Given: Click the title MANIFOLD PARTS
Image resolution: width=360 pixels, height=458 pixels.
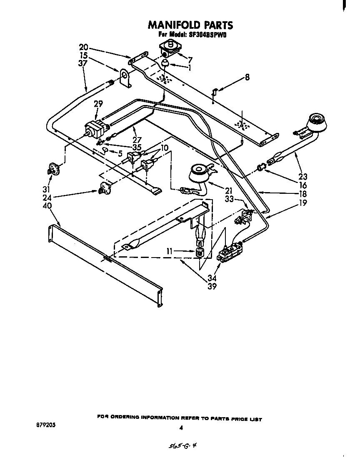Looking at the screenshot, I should [x=190, y=25].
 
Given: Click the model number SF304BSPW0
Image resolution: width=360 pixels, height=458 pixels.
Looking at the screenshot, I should [x=203, y=35].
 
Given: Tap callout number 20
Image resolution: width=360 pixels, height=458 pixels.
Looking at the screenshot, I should [x=83, y=48].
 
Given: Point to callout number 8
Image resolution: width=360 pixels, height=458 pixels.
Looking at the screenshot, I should [x=247, y=77].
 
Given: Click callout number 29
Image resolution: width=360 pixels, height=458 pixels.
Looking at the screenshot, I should [x=98, y=104].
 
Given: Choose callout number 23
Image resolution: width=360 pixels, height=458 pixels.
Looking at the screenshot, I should [x=302, y=177].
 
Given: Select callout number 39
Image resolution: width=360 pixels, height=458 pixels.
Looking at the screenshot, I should [x=212, y=287].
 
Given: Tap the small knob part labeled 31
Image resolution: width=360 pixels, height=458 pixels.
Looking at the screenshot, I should [x=53, y=168].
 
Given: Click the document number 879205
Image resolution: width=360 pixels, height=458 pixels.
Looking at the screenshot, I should [x=46, y=426].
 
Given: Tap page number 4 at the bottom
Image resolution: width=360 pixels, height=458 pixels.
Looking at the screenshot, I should [x=181, y=428].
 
